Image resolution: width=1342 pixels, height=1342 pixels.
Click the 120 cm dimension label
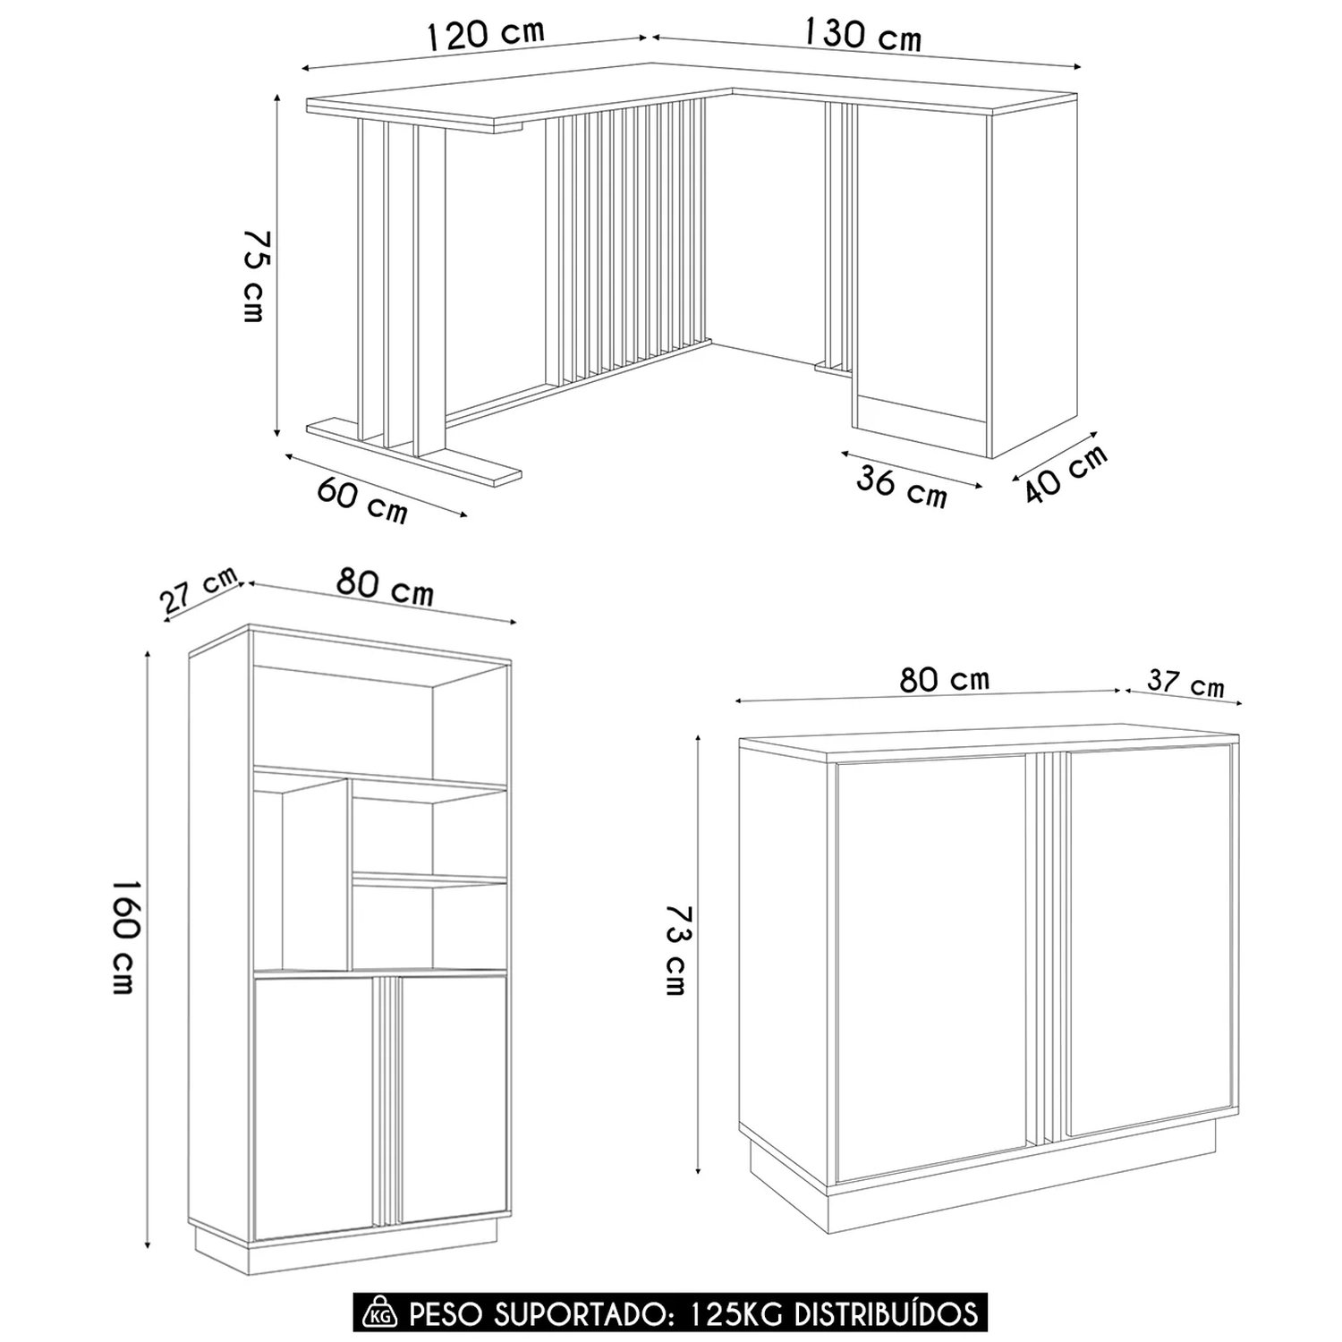point(485,34)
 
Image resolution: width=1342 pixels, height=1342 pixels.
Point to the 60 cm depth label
point(362,500)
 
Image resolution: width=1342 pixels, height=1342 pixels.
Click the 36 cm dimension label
point(902,487)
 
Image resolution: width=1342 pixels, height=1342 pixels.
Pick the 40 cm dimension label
point(1066,473)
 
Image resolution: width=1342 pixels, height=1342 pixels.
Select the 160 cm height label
point(124,935)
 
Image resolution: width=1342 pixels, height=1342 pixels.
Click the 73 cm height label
point(676,949)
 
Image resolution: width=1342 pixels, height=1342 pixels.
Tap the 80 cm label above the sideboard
point(945,680)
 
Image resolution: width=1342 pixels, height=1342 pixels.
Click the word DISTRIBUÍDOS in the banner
point(887,1314)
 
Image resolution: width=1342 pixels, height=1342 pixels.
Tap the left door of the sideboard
point(931,967)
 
